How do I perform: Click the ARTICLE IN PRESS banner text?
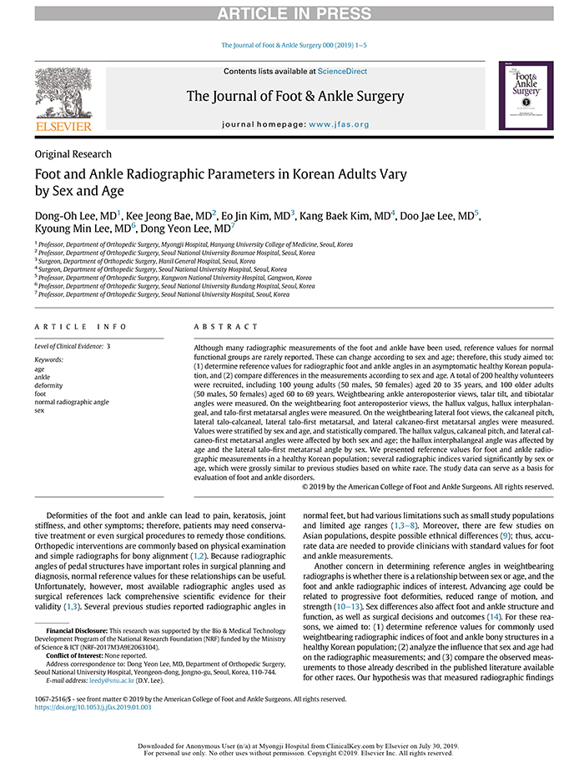tap(292, 13)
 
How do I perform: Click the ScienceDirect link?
tap(344, 72)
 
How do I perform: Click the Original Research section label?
tap(73, 154)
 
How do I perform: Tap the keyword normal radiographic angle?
tap(72, 402)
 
